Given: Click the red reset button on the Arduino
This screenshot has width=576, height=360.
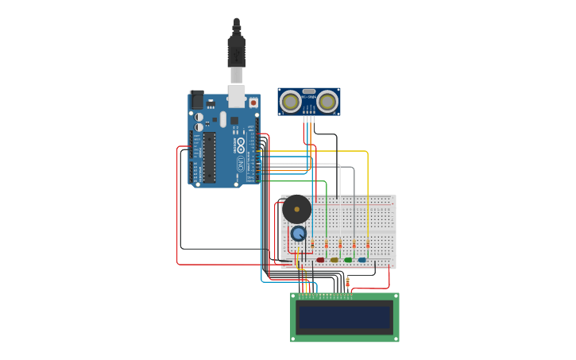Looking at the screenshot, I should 253,103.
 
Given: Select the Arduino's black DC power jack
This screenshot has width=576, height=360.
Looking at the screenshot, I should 196,100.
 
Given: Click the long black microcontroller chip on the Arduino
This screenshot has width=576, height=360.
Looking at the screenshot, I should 210,157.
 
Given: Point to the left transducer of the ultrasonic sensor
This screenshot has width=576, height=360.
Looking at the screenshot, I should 291,102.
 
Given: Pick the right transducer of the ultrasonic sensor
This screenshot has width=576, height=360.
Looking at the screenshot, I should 327,102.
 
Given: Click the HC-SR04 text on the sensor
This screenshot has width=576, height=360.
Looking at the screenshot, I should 309,97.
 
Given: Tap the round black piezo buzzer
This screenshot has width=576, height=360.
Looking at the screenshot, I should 297,209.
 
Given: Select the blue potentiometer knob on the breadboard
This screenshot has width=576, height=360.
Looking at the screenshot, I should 298,233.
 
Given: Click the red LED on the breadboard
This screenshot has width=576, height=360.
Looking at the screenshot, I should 320,259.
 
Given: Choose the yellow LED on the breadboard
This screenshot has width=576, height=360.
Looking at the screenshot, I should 334,259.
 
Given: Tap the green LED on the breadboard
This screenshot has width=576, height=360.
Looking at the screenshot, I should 348,259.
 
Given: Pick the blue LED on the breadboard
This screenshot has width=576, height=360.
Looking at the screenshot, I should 362,259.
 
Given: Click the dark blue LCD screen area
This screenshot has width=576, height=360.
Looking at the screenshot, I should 345,317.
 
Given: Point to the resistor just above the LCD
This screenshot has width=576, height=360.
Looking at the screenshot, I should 347,282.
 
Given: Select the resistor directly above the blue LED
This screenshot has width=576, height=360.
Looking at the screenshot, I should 368,243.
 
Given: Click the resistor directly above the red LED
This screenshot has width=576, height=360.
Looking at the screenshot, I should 326,243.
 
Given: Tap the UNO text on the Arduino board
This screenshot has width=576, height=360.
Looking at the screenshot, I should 241,165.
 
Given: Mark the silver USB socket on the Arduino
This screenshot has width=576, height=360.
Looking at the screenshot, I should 236,96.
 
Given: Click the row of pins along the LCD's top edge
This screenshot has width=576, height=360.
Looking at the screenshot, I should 326,296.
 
